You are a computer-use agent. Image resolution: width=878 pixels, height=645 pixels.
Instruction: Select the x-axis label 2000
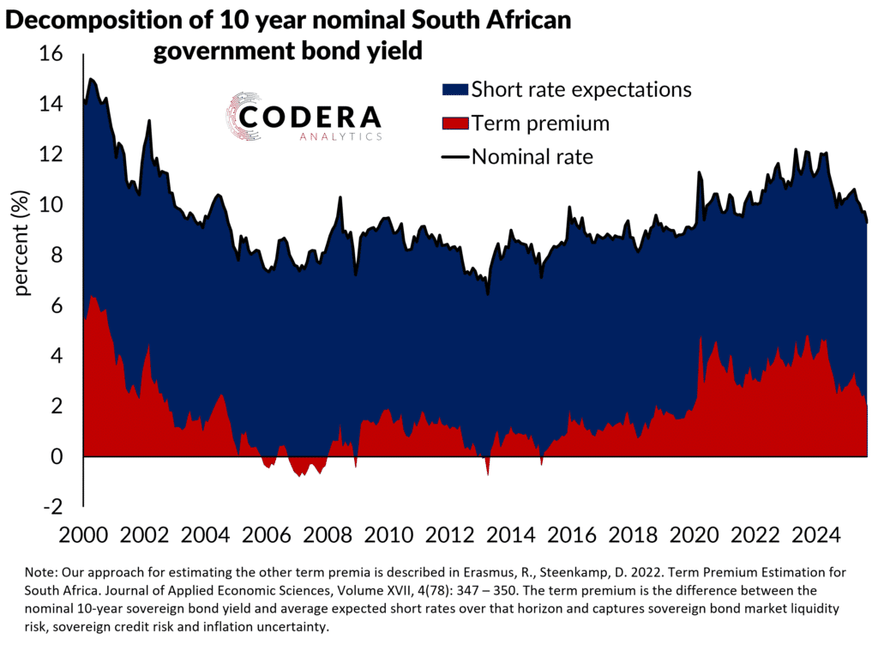[x=84, y=535]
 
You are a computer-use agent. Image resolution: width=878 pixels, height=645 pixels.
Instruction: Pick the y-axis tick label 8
[x=57, y=256]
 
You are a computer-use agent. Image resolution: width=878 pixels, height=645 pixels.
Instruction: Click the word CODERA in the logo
[x=310, y=118]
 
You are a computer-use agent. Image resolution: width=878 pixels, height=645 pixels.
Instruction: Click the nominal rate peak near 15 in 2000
[x=91, y=79]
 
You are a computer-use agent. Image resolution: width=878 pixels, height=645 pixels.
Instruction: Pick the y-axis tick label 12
[x=51, y=154]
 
